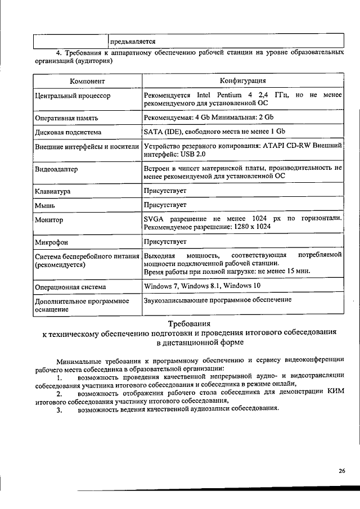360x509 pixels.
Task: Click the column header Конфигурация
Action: pyautogui.click(x=242, y=81)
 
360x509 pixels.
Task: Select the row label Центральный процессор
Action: pyautogui.click(x=73, y=96)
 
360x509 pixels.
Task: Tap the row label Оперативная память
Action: pyautogui.click(x=67, y=119)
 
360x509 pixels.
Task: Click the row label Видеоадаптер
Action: pyautogui.click(x=56, y=169)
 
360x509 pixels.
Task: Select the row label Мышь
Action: pyautogui.click(x=45, y=206)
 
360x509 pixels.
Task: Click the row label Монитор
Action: pyautogui.click(x=49, y=220)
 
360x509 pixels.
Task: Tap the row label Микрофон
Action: pyautogui.click(x=51, y=243)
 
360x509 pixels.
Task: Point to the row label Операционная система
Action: pyautogui.click(x=70, y=287)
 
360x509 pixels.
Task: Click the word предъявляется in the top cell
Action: pyautogui.click(x=133, y=42)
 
